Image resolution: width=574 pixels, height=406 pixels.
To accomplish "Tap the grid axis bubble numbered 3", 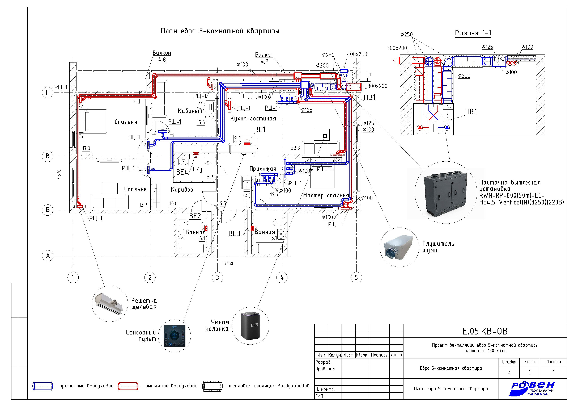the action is click(x=217, y=277).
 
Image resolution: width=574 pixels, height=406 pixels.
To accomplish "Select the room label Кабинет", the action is click(x=190, y=111).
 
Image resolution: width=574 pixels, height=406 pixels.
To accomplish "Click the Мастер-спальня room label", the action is click(x=326, y=195).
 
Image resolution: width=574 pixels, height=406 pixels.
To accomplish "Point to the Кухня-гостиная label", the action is click(x=253, y=119).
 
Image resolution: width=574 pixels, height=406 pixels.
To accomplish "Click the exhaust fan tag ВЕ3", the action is click(x=234, y=233).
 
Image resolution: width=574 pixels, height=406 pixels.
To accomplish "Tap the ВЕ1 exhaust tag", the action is click(x=260, y=130).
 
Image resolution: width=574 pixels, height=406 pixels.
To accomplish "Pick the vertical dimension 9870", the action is click(x=59, y=174).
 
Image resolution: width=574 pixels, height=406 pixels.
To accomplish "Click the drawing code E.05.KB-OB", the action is click(x=485, y=331).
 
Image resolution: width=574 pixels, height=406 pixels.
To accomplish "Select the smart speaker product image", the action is click(x=250, y=326).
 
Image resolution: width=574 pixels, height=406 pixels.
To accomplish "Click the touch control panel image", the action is click(x=175, y=336).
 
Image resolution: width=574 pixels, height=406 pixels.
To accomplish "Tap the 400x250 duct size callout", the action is click(x=357, y=54).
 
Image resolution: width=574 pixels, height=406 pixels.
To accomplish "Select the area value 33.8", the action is click(x=295, y=148).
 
